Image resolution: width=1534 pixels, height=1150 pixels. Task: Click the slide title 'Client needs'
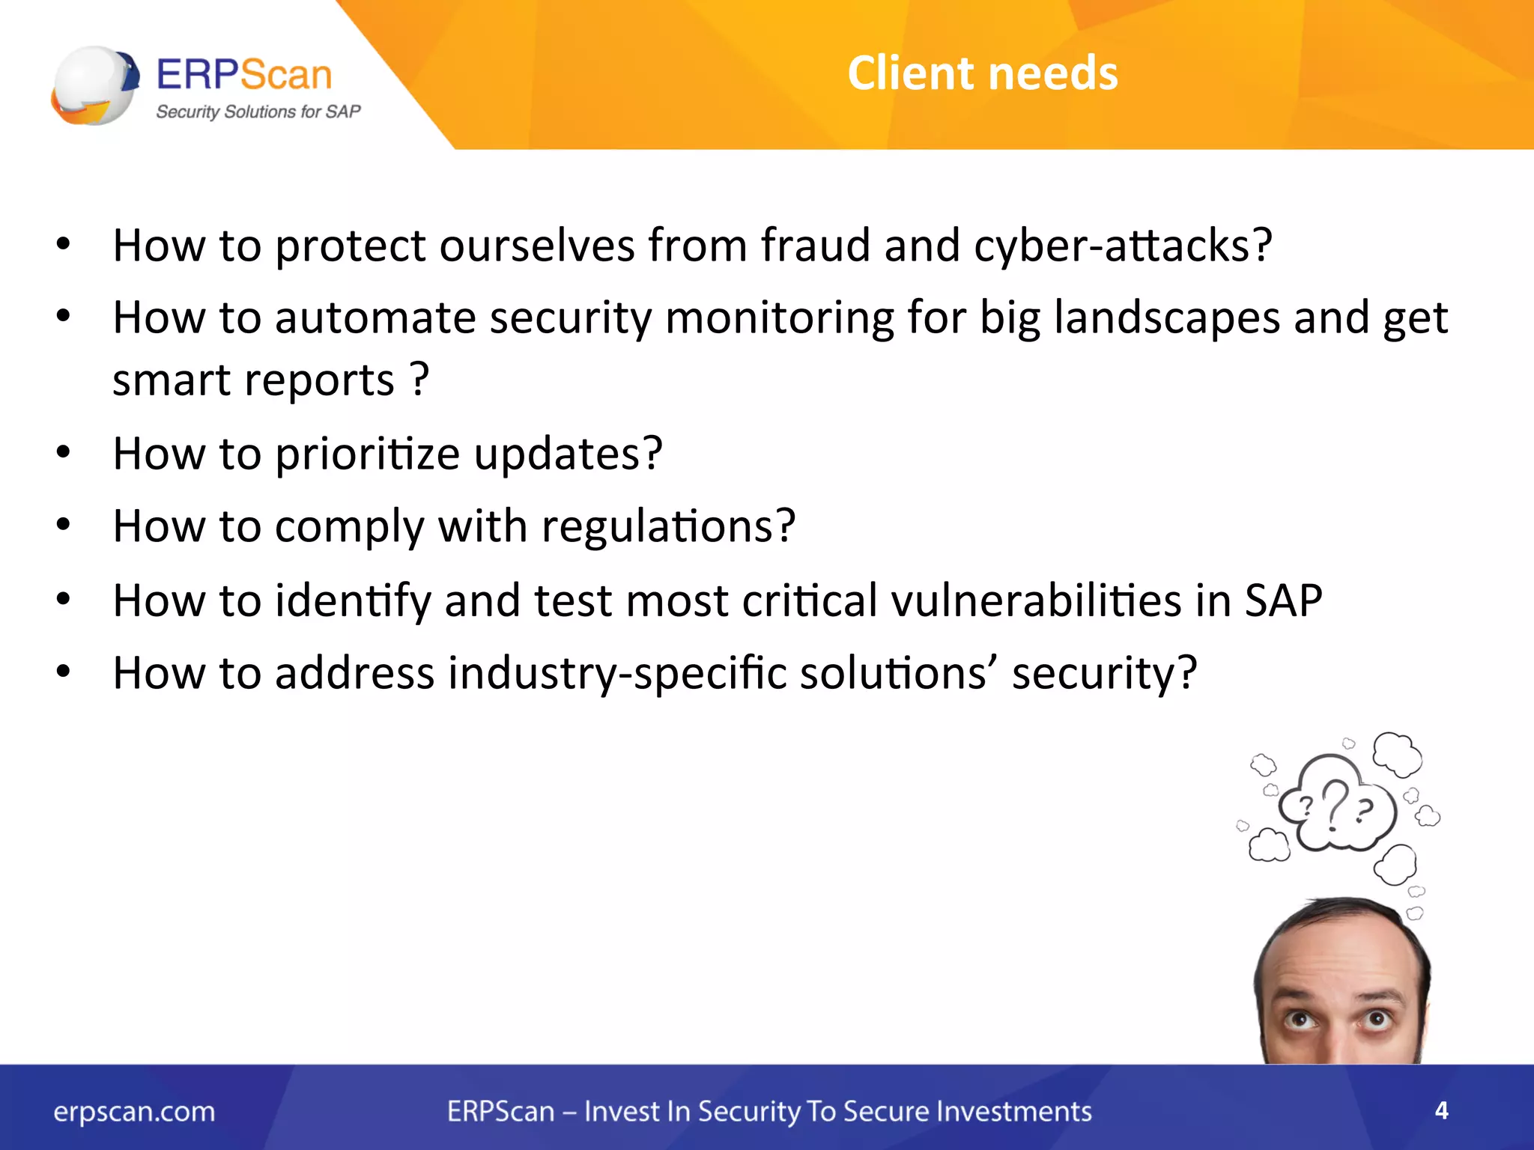[982, 73]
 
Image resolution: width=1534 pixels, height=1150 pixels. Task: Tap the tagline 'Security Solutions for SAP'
[258, 112]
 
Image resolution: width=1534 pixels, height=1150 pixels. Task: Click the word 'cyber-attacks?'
[1123, 246]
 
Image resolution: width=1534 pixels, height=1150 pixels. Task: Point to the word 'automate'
[375, 318]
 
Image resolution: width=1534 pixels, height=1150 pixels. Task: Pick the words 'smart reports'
[253, 380]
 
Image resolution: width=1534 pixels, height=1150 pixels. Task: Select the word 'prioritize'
[367, 454]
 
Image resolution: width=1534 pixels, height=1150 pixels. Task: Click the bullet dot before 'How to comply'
[64, 525]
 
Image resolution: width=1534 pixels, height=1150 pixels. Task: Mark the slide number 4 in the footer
[1441, 1110]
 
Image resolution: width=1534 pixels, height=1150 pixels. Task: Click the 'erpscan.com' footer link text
[134, 1112]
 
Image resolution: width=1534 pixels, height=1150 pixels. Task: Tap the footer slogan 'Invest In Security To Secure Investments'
[837, 1112]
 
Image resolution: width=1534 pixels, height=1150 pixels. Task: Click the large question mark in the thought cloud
[1334, 806]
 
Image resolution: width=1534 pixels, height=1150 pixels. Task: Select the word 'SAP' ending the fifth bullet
[1283, 600]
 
